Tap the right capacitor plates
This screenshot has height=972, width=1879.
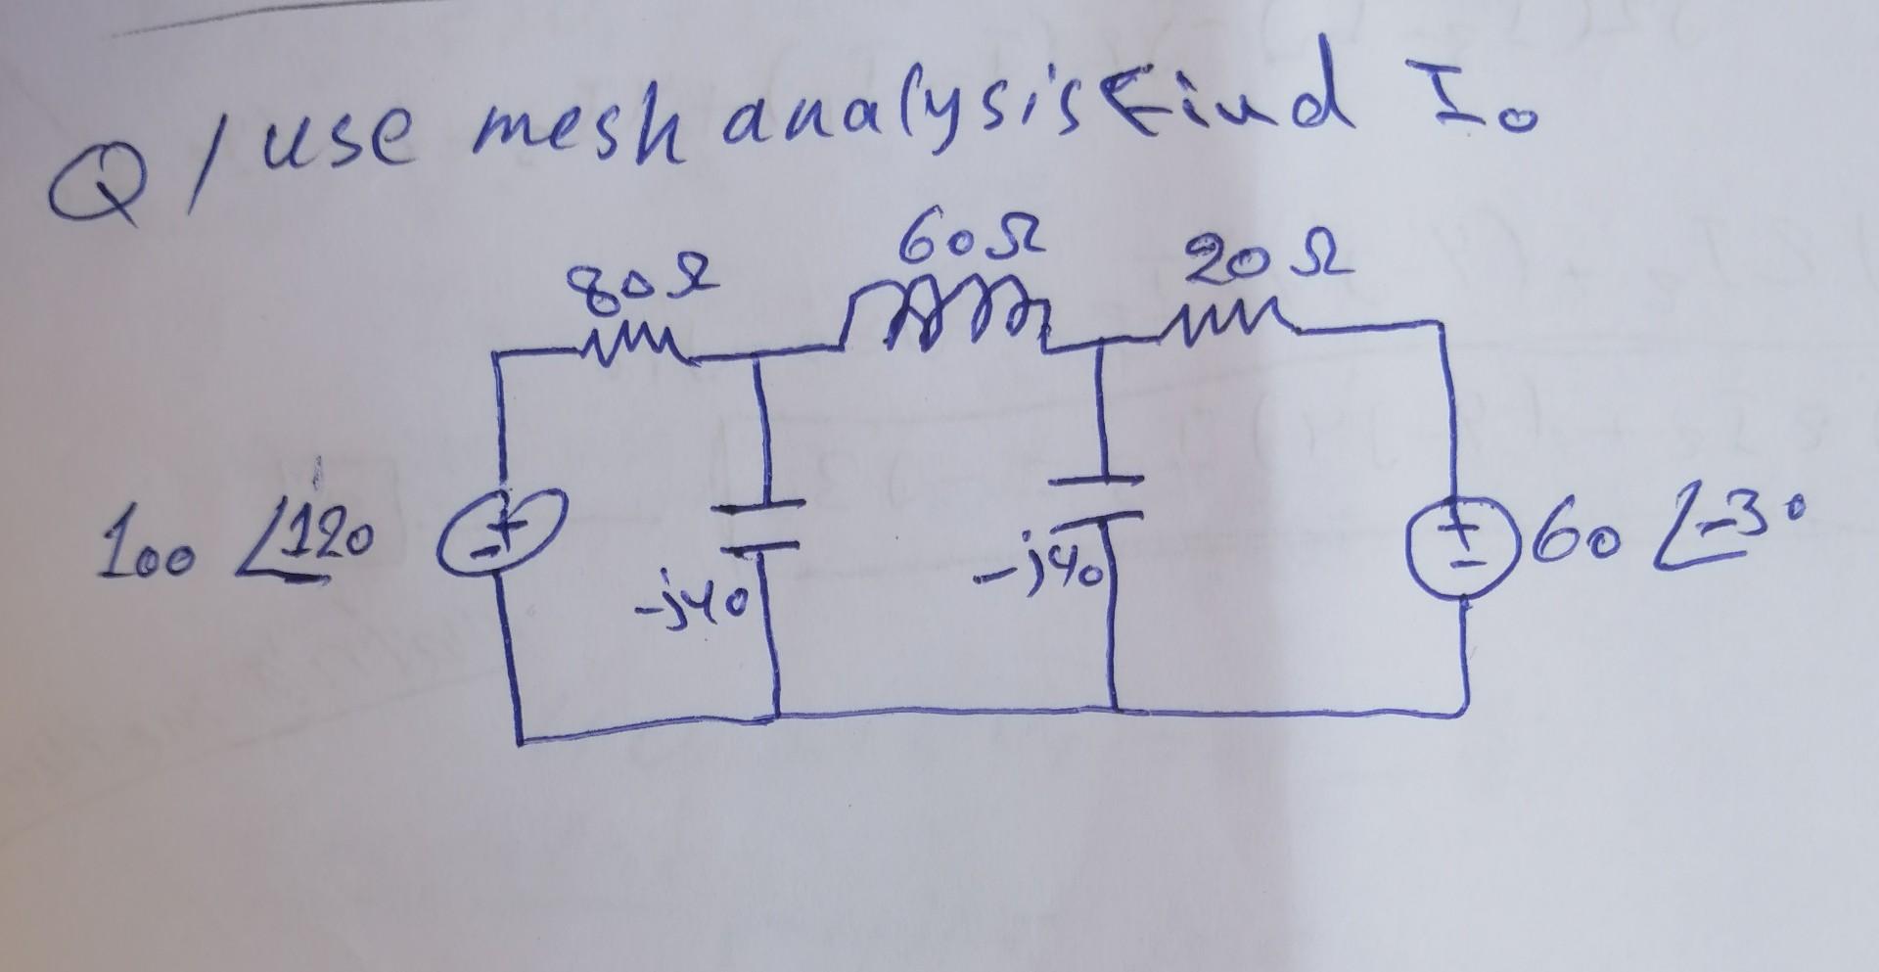[x=1102, y=495]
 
